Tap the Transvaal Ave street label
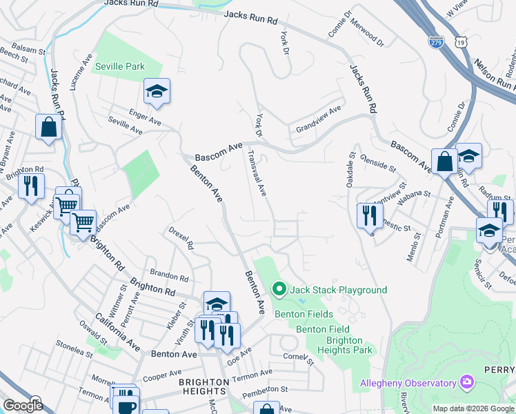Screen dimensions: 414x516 click(x=257, y=173)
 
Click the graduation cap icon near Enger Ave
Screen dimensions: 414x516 click(x=157, y=91)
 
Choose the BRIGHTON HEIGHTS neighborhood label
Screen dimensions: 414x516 click(x=204, y=388)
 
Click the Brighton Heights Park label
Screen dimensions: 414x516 click(x=344, y=345)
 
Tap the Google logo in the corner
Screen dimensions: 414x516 click(x=23, y=406)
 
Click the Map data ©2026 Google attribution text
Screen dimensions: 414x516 click(x=473, y=408)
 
